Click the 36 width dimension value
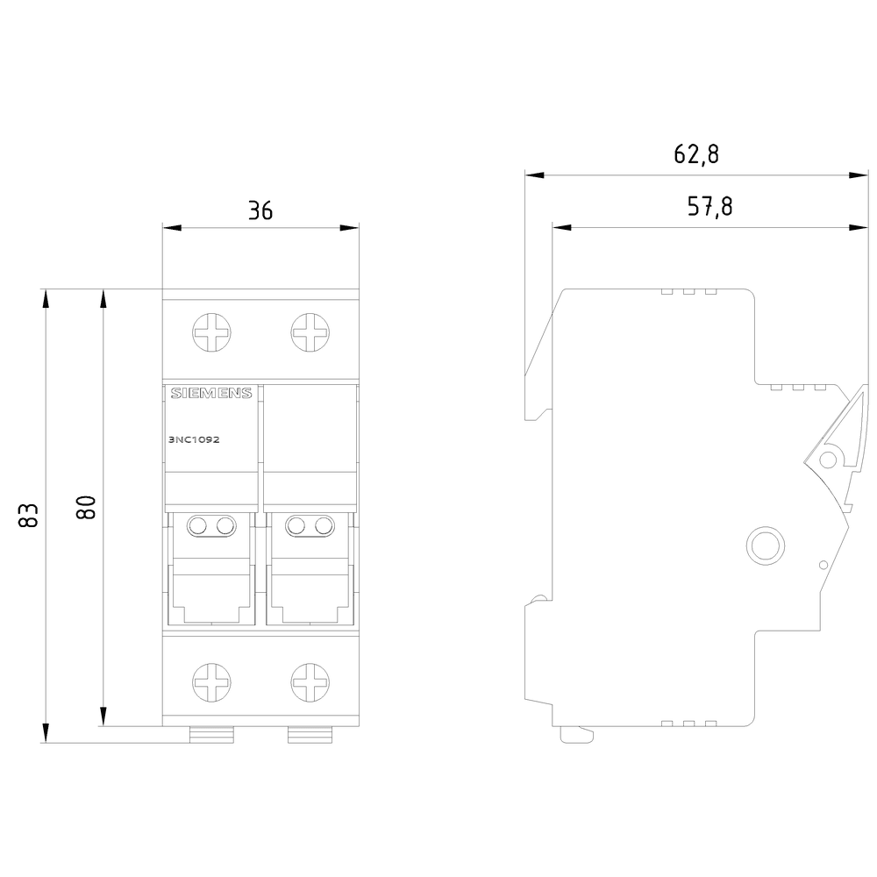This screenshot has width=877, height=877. coord(260,210)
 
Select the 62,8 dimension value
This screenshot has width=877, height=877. coord(696,153)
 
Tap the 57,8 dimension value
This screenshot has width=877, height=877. coord(709,206)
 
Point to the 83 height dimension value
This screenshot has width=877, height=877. coord(29,515)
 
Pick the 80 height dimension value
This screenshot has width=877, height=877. coord(86,507)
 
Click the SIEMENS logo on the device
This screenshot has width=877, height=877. coord(211,393)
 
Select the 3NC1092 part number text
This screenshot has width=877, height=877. coord(194,439)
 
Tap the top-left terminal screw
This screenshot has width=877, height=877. coord(211,332)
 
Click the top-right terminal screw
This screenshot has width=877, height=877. coord(310,332)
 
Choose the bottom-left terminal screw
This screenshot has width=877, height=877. coord(211,682)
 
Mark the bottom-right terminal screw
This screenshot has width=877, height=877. coord(310,682)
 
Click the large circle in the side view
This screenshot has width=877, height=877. coord(766,545)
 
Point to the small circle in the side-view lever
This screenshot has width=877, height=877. coord(828,460)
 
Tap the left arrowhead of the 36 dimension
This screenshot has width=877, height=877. coord(172,228)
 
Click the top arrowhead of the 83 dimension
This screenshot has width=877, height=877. coord(46,298)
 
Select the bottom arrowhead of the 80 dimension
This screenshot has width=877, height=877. coord(103,717)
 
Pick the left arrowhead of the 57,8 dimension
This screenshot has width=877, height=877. coord(561,228)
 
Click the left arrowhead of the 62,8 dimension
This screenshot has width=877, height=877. coord(535,175)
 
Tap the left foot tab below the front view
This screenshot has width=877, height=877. coord(211,735)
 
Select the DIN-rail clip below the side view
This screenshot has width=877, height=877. coord(576,734)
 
